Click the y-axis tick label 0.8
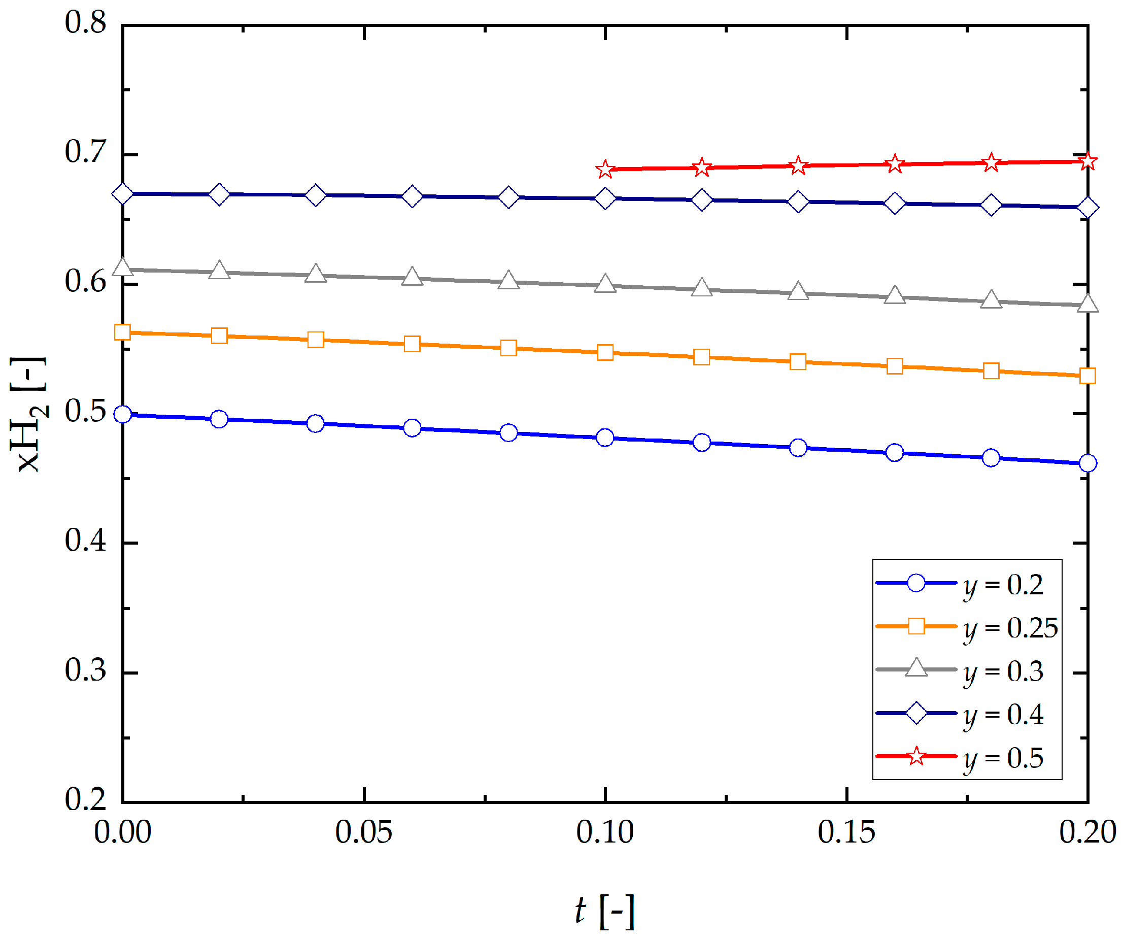click(x=85, y=22)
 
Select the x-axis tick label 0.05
click(x=364, y=832)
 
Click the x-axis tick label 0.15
click(x=847, y=832)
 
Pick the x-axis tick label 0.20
click(x=1088, y=832)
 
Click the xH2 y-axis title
click(x=29, y=415)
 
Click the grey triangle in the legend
click(x=917, y=668)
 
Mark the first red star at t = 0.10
click(x=605, y=170)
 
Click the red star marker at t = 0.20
click(x=1088, y=161)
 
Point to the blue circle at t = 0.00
click(x=123, y=414)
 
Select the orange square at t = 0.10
click(x=605, y=353)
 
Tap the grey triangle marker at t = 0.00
click(x=123, y=267)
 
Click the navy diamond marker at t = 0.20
click(x=1088, y=207)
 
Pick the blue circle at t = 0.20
click(x=1088, y=463)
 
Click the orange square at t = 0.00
click(x=123, y=332)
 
